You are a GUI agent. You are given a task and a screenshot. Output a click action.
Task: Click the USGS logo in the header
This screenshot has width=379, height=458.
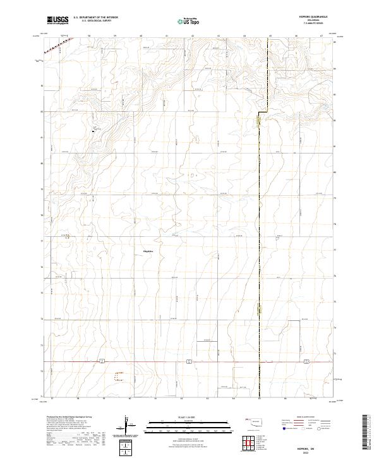tap(57, 20)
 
